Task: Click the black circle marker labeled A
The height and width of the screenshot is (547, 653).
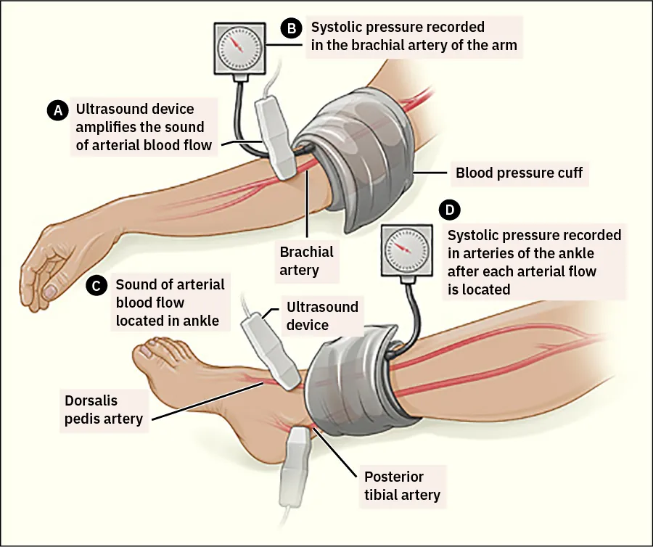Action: pos(56,110)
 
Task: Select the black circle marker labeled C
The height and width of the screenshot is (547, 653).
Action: pos(96,285)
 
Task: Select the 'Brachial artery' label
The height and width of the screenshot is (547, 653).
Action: pos(307,260)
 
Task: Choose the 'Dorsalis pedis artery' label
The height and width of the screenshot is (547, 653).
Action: pos(104,409)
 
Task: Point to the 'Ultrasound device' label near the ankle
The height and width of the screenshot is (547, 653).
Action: pos(322,315)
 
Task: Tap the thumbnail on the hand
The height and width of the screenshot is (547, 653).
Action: pos(51,290)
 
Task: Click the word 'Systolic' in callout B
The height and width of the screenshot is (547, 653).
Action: pos(336,27)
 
